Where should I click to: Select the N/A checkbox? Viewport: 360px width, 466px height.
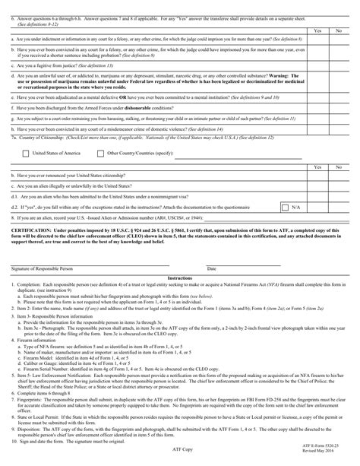point(284,206)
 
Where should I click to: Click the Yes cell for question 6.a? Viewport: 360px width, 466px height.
point(317,38)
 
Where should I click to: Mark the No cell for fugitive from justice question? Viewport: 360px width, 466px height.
point(339,67)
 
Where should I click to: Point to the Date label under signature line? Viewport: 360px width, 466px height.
point(212,268)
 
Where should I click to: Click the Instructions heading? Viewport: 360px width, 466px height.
point(180,278)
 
